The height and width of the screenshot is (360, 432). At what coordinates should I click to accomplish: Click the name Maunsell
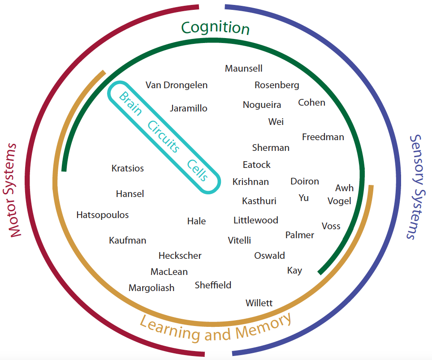(244, 69)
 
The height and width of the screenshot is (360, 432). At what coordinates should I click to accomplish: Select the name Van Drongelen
(177, 85)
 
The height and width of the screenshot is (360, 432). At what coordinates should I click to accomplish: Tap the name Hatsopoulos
(103, 215)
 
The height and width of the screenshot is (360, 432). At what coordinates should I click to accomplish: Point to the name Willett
(259, 303)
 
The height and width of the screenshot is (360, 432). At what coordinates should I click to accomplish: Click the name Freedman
(323, 137)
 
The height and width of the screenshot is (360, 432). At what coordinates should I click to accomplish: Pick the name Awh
(344, 188)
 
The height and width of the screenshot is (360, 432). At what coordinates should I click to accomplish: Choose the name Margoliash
(151, 288)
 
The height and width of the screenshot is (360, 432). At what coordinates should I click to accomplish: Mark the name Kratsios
(128, 169)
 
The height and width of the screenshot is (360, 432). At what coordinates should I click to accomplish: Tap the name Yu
(304, 197)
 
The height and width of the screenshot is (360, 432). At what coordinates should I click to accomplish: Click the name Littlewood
(256, 220)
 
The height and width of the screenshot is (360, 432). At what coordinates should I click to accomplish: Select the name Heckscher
(180, 256)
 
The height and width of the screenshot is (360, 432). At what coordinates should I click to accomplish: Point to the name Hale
(197, 221)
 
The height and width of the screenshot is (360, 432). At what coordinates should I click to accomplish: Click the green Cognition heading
(215, 28)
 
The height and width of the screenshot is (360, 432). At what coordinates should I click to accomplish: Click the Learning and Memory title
(216, 328)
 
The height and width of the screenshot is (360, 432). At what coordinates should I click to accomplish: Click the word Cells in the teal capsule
(198, 170)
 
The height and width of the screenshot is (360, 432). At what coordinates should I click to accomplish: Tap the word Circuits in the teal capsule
(164, 137)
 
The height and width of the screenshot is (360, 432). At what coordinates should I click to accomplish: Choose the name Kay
(294, 270)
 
